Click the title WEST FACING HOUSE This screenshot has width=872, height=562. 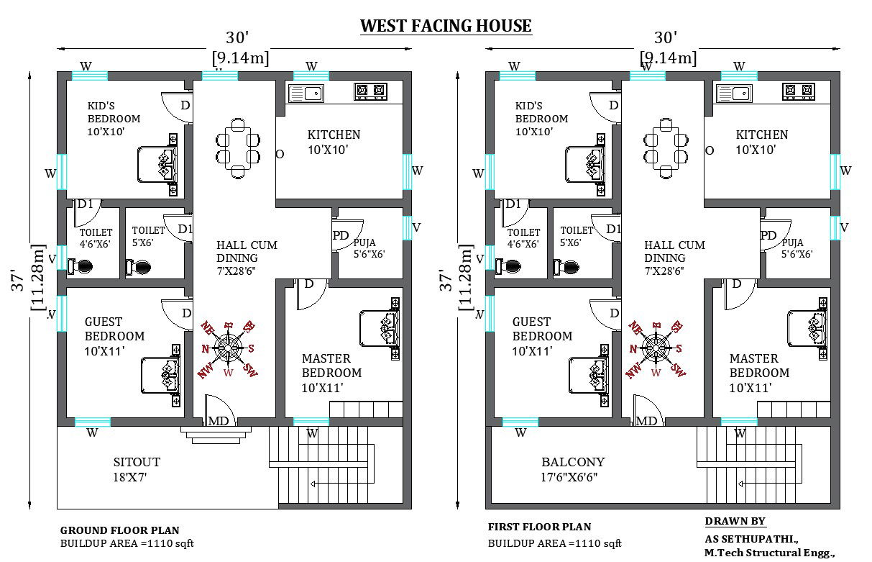[445, 27]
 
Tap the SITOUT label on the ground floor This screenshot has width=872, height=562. [137, 461]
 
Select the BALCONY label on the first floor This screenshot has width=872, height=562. [573, 461]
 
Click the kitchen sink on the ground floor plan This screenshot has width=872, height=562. [306, 92]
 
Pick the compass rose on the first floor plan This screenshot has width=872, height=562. [656, 349]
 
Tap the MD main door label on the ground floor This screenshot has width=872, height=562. [219, 421]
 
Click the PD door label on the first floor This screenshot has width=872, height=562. [768, 235]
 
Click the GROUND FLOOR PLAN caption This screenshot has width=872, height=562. [119, 530]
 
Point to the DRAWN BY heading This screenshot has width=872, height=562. [735, 522]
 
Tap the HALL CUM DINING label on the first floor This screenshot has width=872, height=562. [674, 251]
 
